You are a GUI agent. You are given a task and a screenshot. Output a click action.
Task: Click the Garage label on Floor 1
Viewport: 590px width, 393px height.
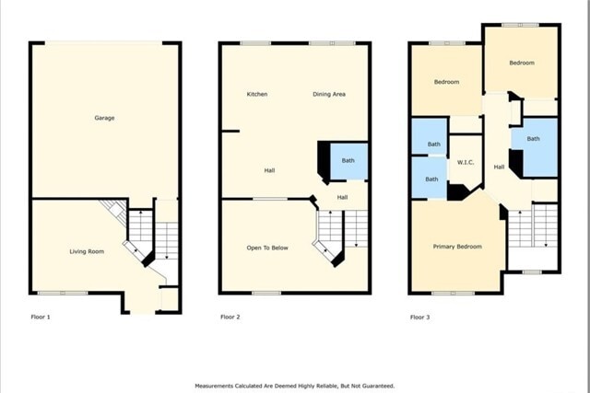click(x=104, y=118)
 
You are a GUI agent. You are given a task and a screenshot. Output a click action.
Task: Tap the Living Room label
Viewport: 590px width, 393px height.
click(x=87, y=251)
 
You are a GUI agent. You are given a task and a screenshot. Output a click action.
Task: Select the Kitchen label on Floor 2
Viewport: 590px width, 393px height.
click(x=257, y=94)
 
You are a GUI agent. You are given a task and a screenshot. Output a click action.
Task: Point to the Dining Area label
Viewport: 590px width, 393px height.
click(x=329, y=94)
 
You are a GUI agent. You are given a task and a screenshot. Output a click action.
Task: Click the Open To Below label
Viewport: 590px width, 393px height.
click(x=267, y=248)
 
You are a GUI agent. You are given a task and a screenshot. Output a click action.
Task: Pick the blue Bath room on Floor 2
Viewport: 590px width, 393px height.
click(x=348, y=161)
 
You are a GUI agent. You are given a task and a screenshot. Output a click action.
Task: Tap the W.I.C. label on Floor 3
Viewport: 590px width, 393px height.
click(x=466, y=162)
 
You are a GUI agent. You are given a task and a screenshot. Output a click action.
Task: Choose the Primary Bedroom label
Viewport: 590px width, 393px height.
click(x=457, y=247)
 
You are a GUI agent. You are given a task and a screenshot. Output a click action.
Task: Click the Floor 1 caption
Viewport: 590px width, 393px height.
click(x=41, y=317)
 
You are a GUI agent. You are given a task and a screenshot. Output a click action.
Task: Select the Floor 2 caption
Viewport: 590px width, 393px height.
click(x=230, y=317)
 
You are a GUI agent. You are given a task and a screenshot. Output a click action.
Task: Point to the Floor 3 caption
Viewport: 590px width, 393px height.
click(x=420, y=318)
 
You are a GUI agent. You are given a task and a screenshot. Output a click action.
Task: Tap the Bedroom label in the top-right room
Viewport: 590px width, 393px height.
click(x=522, y=63)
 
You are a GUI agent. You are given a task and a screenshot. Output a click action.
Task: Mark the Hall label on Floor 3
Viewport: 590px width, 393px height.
click(x=499, y=167)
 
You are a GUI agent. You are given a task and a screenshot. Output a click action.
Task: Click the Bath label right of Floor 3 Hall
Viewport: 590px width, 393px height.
click(x=533, y=139)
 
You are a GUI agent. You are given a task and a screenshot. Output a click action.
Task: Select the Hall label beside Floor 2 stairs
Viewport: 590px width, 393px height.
click(x=342, y=197)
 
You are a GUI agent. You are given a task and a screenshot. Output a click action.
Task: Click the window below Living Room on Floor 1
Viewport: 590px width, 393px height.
click(x=63, y=293)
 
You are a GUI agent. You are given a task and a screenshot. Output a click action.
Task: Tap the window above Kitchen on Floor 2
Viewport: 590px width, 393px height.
click(x=255, y=43)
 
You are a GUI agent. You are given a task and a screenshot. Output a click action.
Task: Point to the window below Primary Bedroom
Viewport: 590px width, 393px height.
click(x=453, y=293)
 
